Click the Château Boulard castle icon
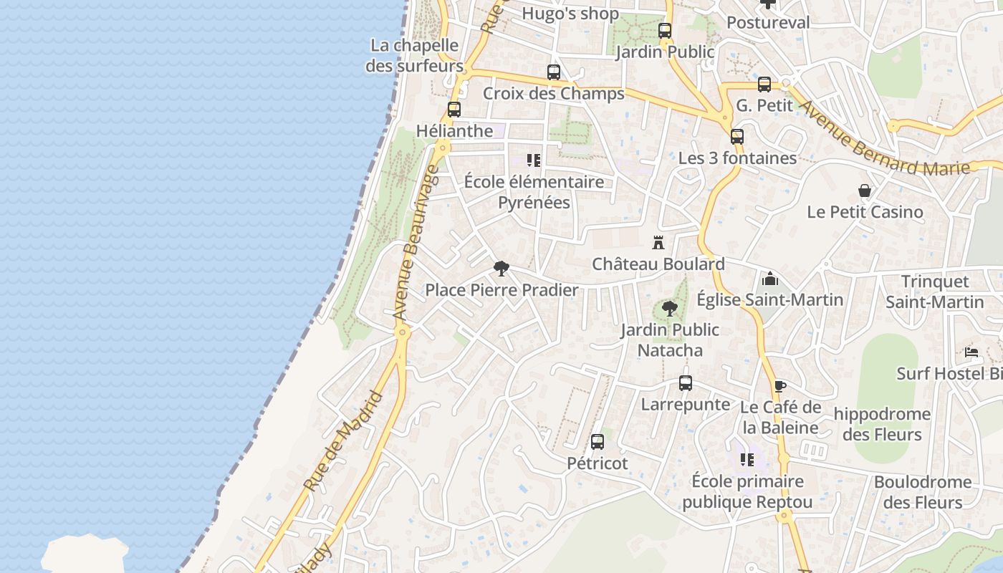tap(658, 243)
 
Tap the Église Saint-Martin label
tap(770, 299)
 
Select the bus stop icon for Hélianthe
tap(453, 110)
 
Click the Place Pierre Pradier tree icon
tap(501, 269)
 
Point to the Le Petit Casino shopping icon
tap(865, 191)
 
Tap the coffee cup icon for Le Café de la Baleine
tap(780, 386)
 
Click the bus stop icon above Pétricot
tap(597, 442)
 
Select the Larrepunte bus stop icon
tap(686, 383)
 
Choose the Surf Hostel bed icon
tap(971, 352)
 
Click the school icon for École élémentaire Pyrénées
tap(533, 160)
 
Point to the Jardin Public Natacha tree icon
tap(670, 309)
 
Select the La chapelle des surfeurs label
tap(415, 56)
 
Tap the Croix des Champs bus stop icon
tap(553, 72)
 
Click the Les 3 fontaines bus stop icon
tap(737, 137)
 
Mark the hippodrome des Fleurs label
tap(882, 424)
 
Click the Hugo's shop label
tap(570, 14)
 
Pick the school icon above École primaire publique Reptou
tap(747, 459)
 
